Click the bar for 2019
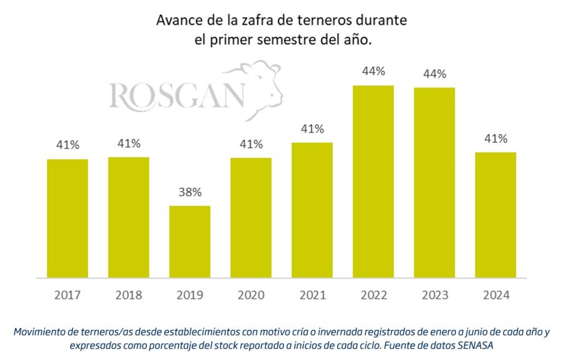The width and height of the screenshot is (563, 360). (190, 241)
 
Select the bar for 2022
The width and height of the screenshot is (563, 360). (373, 182)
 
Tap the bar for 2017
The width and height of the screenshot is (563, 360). (68, 218)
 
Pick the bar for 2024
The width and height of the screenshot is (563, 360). (495, 215)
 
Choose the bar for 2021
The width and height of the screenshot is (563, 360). (312, 210)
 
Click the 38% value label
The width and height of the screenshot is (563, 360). (190, 192)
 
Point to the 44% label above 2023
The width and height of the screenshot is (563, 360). (434, 74)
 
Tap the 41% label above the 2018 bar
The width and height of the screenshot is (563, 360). (129, 143)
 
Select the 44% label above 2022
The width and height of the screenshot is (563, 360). (373, 71)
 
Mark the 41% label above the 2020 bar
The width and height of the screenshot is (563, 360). (251, 144)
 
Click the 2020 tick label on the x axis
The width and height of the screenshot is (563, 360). (251, 295)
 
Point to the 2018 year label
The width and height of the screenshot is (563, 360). (129, 295)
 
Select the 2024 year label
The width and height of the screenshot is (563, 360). (495, 295)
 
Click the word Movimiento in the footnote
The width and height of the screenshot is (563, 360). (42, 331)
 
